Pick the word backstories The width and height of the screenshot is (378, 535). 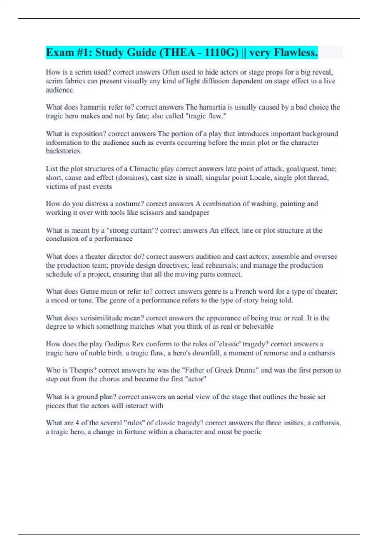[x=63, y=151]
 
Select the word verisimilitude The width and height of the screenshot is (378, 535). [x=102, y=318]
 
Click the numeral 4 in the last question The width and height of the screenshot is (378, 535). [x=77, y=423]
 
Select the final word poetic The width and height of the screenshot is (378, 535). [x=252, y=432]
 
